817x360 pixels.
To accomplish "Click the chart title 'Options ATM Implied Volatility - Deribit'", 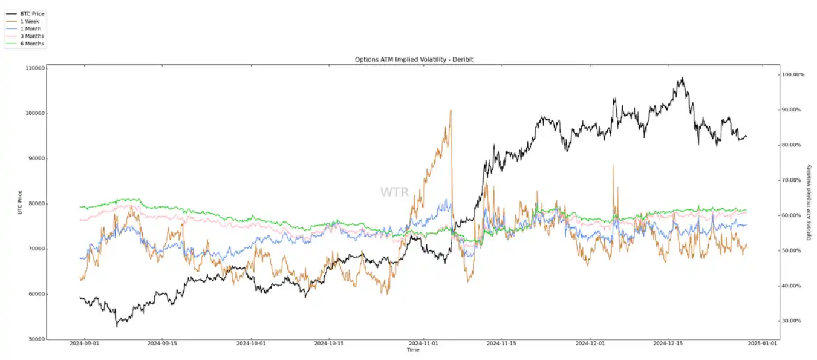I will click(x=413, y=59).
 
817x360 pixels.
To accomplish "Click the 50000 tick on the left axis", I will click(x=35, y=339).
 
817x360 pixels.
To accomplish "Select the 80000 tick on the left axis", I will click(x=35, y=204).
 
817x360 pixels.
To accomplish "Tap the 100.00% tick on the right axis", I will click(x=792, y=74).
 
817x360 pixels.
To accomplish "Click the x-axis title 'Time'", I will click(x=413, y=350).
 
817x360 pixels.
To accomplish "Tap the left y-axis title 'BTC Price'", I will click(x=19, y=203).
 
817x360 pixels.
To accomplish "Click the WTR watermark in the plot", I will click(x=394, y=192).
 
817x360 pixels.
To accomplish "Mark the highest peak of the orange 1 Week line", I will click(x=451, y=110).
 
